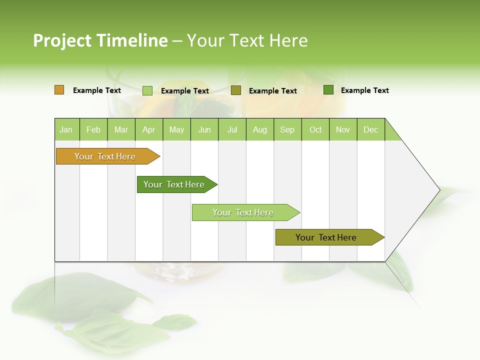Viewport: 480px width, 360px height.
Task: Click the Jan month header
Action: click(66, 129)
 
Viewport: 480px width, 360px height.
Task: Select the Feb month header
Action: click(93, 129)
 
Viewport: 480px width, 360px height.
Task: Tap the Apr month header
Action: click(149, 129)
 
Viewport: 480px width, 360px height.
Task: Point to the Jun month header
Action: click(204, 129)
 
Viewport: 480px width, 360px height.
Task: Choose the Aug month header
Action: click(260, 129)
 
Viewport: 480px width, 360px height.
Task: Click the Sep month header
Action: click(287, 129)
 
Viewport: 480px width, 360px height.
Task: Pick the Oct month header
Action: click(315, 129)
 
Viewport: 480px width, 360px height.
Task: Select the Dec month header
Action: click(371, 129)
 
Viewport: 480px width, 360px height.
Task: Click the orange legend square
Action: click(59, 90)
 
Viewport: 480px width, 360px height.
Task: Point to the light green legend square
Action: click(147, 90)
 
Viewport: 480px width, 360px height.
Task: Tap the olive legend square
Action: click(236, 90)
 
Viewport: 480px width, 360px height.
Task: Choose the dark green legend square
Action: click(328, 90)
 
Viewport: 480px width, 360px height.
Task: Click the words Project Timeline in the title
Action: click(100, 40)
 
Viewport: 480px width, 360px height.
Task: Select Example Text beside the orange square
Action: click(97, 90)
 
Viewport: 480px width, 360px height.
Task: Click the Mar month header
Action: click(121, 129)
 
